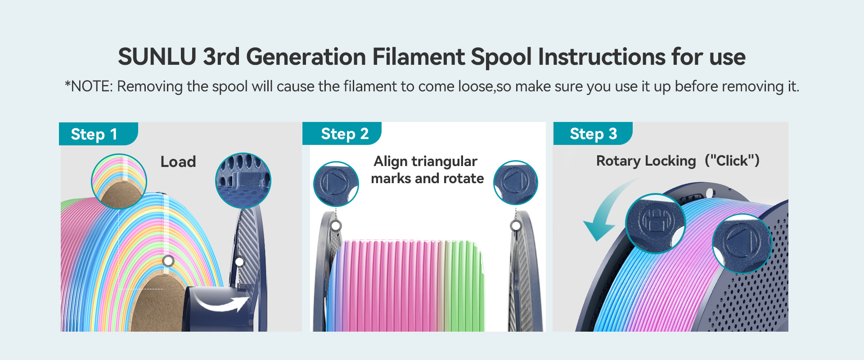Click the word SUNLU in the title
(157, 57)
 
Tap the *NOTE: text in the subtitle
(88, 86)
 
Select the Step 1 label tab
(98, 134)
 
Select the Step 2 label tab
(342, 134)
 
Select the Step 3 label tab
(593, 134)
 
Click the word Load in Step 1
(178, 162)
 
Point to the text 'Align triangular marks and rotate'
(427, 170)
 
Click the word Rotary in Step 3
(620, 161)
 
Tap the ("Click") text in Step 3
(732, 161)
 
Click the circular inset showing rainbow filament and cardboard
(119, 181)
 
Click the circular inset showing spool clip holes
(243, 180)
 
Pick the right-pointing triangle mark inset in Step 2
(336, 184)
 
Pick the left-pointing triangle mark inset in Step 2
(516, 183)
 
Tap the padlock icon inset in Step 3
(656, 223)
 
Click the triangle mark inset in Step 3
(742, 243)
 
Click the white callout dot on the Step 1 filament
(168, 261)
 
